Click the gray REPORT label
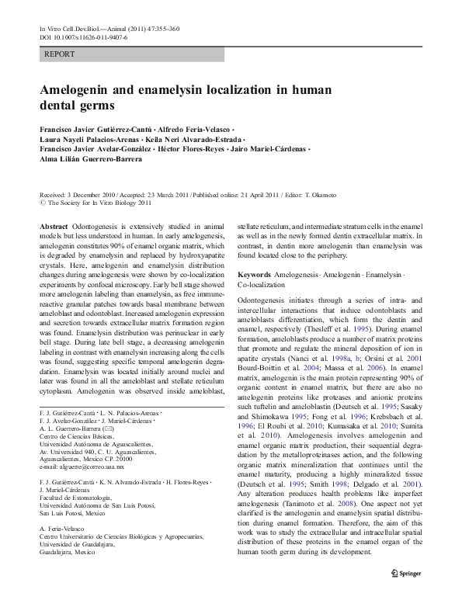[61, 56]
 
